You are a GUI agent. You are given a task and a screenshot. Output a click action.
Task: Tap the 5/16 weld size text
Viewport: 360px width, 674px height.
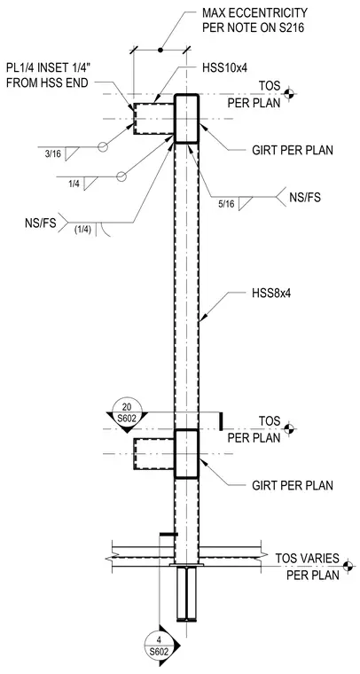(x=226, y=205)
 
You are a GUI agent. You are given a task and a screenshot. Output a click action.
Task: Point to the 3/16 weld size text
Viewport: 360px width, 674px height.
(x=52, y=154)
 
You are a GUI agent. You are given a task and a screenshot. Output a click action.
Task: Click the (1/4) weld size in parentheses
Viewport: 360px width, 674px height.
(x=82, y=230)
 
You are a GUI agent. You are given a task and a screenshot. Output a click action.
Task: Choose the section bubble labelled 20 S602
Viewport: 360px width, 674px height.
(x=127, y=411)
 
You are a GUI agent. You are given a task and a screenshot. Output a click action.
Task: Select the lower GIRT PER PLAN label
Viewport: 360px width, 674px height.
(x=292, y=485)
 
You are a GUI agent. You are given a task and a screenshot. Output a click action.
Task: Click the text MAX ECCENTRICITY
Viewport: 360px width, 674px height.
(x=254, y=12)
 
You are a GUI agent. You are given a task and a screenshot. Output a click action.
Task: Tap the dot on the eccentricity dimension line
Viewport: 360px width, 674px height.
(x=160, y=51)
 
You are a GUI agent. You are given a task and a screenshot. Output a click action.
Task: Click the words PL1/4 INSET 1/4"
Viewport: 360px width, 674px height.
(x=48, y=68)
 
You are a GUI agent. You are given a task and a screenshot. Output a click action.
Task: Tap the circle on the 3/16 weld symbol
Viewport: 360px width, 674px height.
(x=102, y=147)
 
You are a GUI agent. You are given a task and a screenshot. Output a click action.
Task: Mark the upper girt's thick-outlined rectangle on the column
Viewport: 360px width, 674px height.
(x=186, y=118)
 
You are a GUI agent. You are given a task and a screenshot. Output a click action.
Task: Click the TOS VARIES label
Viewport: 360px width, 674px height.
(x=307, y=559)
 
